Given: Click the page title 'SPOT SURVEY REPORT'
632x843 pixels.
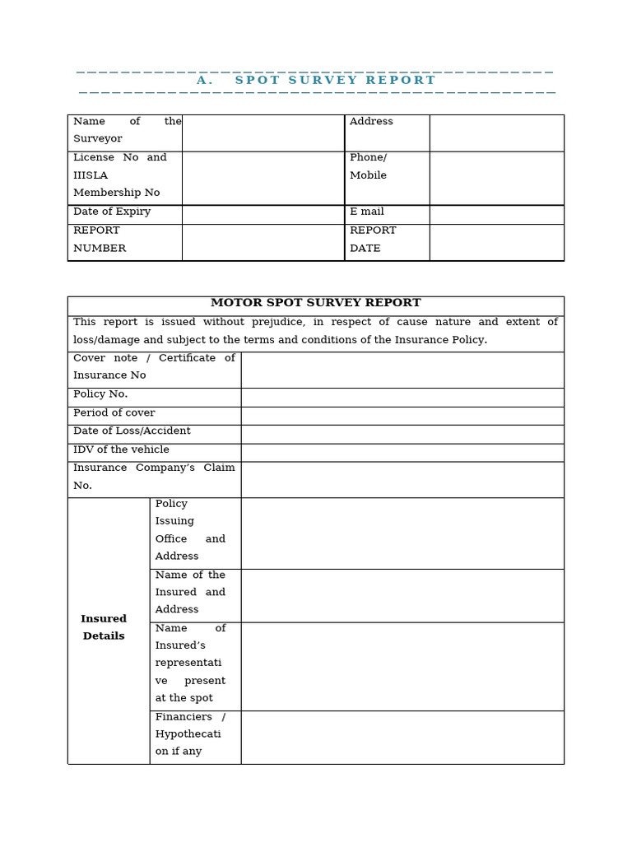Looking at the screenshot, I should click(x=334, y=81).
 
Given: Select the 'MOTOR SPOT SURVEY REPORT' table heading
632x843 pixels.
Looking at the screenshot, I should click(x=315, y=303).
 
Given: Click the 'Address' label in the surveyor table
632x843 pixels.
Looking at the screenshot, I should click(x=371, y=122).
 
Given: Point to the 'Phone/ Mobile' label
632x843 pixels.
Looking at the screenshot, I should click(x=368, y=166).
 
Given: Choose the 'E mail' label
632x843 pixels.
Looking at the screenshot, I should click(x=367, y=212).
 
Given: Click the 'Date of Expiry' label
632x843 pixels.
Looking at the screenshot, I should click(x=112, y=212).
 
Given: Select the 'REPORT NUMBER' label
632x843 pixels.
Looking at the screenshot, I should click(x=100, y=240).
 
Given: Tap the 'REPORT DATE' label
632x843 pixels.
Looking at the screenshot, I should click(x=373, y=240).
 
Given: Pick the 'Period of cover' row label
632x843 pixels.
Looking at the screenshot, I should click(x=114, y=413).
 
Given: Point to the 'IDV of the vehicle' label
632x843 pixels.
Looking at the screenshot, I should click(x=121, y=449).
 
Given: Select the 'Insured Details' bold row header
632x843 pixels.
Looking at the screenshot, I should click(x=104, y=627).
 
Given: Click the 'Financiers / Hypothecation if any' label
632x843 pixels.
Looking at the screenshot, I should click(x=190, y=734).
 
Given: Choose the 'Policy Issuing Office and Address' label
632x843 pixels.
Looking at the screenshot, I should click(x=190, y=530).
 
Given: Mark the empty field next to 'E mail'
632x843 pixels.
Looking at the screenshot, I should click(x=496, y=213).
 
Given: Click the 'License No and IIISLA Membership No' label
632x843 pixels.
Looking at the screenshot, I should click(x=119, y=175).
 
